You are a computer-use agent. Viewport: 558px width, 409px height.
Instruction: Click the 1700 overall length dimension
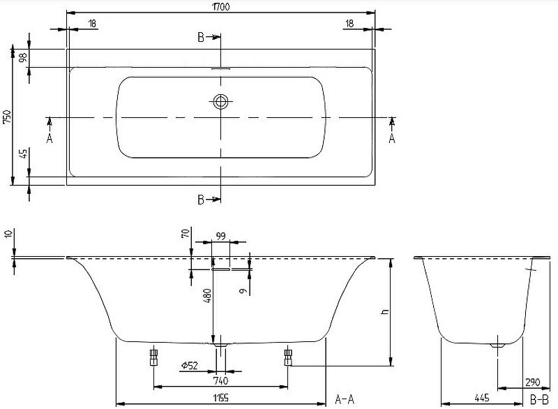pyautogui.click(x=220, y=6)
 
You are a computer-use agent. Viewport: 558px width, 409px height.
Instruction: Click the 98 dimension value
pyautogui.click(x=23, y=58)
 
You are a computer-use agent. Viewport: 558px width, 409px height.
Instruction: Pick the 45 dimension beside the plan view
pyautogui.click(x=23, y=154)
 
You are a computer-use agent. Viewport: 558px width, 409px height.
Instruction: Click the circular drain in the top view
pyautogui.click(x=221, y=102)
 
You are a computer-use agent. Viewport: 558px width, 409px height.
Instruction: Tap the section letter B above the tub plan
pyautogui.click(x=201, y=38)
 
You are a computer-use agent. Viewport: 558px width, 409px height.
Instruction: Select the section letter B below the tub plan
pyautogui.click(x=201, y=200)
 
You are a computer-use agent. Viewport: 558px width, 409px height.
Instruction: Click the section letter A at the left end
pyautogui.click(x=50, y=137)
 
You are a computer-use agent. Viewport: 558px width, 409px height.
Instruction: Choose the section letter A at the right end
pyautogui.click(x=392, y=137)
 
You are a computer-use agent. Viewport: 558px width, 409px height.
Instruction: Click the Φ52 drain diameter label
pyautogui.click(x=189, y=366)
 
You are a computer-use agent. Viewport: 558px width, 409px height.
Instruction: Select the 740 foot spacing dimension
pyautogui.click(x=220, y=380)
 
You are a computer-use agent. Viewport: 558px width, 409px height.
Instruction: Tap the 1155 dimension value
pyautogui.click(x=220, y=400)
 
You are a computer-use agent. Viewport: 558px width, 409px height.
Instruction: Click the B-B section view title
pyautogui.click(x=538, y=399)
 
